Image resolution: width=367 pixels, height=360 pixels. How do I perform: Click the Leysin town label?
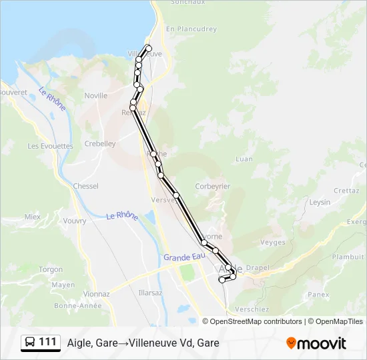click(321, 202)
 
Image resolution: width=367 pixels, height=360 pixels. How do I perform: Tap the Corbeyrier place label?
click(212, 187)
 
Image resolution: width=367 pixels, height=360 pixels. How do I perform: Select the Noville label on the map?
click(95, 95)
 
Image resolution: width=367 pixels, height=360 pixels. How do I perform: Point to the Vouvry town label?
click(75, 221)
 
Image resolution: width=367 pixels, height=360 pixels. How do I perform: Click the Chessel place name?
click(85, 186)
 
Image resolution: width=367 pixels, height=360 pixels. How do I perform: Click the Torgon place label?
click(51, 269)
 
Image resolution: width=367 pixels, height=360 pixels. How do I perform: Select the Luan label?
click(244, 159)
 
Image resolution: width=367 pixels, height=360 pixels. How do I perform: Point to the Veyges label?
click(273, 243)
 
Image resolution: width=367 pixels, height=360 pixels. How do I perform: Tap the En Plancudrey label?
click(192, 29)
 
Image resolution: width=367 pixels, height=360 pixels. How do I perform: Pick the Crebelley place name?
click(100, 143)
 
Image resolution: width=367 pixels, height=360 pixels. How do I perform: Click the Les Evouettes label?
click(50, 145)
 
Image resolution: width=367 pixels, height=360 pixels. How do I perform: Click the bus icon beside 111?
click(30, 343)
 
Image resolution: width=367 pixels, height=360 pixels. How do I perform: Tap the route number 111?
click(47, 343)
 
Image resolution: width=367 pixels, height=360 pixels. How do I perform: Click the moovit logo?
click(316, 343)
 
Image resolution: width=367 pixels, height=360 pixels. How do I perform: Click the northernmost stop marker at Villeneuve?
click(149, 48)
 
